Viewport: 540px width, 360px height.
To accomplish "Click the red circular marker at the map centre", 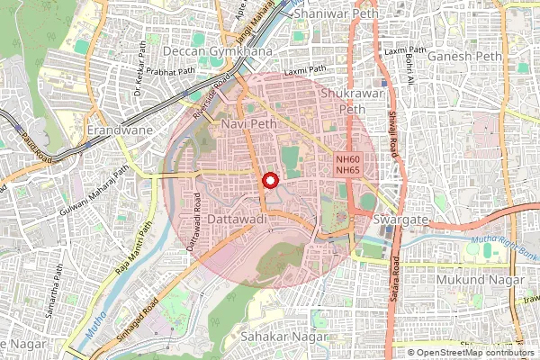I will coord(269,180).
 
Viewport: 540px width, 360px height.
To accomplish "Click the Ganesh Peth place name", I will coord(465,57).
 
